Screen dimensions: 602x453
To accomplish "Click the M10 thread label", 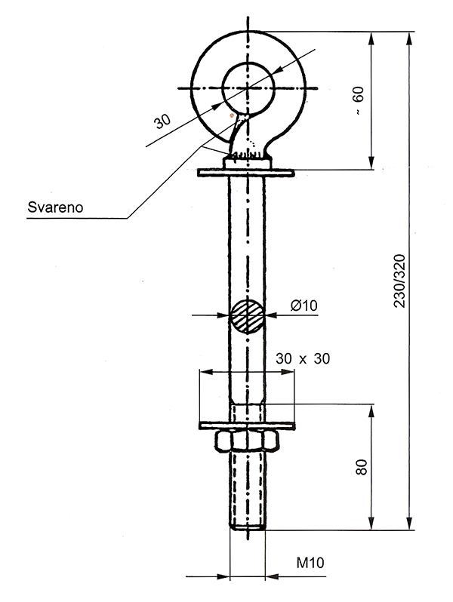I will coord(310,563).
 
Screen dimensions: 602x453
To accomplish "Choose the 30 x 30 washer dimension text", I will coord(302,359).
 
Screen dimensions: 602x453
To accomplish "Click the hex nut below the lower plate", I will coord(247,440).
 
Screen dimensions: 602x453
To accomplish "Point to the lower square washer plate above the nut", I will coord(247,425).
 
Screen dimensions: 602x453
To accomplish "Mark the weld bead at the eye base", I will coord(247,156).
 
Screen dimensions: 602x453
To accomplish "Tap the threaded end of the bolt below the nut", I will coord(247,490).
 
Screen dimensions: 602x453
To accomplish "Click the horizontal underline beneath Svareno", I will coord(75,219).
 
